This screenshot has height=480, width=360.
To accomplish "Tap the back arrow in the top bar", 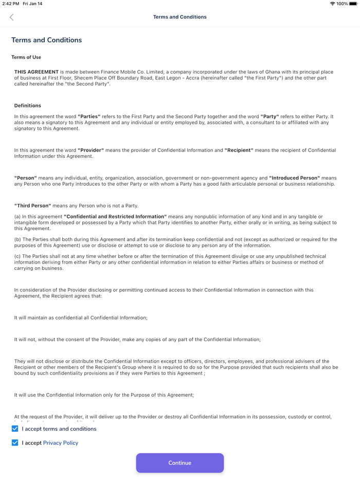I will coord(12,17).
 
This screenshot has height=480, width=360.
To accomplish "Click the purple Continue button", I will coord(179,463).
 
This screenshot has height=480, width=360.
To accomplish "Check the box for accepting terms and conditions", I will coord(15,429).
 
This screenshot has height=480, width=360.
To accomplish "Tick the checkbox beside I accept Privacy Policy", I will coord(15,442).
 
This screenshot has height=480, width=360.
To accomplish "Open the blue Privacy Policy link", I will coord(61,442).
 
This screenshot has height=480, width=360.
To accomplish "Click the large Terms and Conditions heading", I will coord(46,40).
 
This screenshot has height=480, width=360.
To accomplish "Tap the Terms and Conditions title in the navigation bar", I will coord(179,17).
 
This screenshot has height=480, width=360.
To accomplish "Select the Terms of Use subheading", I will coord(26,57).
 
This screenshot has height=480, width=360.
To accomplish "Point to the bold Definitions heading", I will coord(28,105).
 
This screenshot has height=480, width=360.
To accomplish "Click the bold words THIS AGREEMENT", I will coord(37,72).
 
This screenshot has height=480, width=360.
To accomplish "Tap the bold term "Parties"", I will coord(89,117).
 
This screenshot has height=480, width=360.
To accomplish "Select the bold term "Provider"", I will coord(91,150).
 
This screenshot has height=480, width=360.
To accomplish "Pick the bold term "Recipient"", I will coord(239,150).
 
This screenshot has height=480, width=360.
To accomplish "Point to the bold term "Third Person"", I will coord(32,206).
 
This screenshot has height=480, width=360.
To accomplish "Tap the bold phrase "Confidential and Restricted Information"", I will coord(115,217).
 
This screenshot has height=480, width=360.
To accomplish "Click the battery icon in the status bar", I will coord(353,4).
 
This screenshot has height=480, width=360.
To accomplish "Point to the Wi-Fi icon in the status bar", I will coord(332,4).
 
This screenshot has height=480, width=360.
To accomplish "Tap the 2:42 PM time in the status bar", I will coord(11,4).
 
